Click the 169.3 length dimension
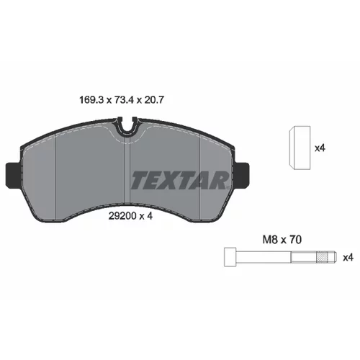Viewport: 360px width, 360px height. tap(91, 100)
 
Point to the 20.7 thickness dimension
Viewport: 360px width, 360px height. tap(154, 100)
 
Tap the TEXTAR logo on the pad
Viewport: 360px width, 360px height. tap(179, 180)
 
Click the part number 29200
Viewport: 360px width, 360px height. tap(122, 216)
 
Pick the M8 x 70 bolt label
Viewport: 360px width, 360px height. tap(282, 240)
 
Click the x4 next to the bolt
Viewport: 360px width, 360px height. tap(348, 258)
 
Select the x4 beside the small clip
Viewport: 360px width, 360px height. tap(320, 148)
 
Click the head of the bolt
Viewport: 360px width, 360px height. tap(230, 257)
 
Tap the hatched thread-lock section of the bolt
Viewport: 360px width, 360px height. tap(323, 257)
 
